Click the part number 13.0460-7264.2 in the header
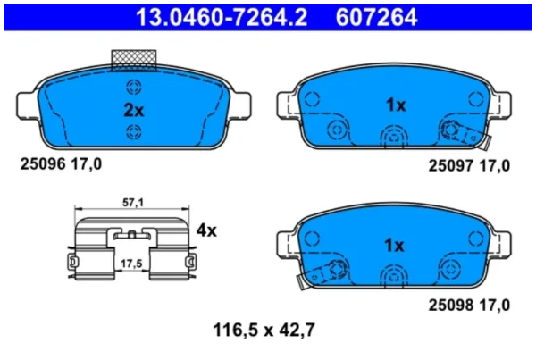click(222, 17)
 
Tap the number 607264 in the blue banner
click(376, 17)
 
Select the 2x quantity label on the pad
click(134, 110)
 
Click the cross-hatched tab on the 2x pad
click(134, 61)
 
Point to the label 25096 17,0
click(61, 164)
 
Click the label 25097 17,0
click(469, 166)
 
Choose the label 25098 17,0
click(469, 305)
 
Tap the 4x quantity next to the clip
click(206, 230)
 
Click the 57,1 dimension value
click(133, 203)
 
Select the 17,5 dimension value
click(131, 264)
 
